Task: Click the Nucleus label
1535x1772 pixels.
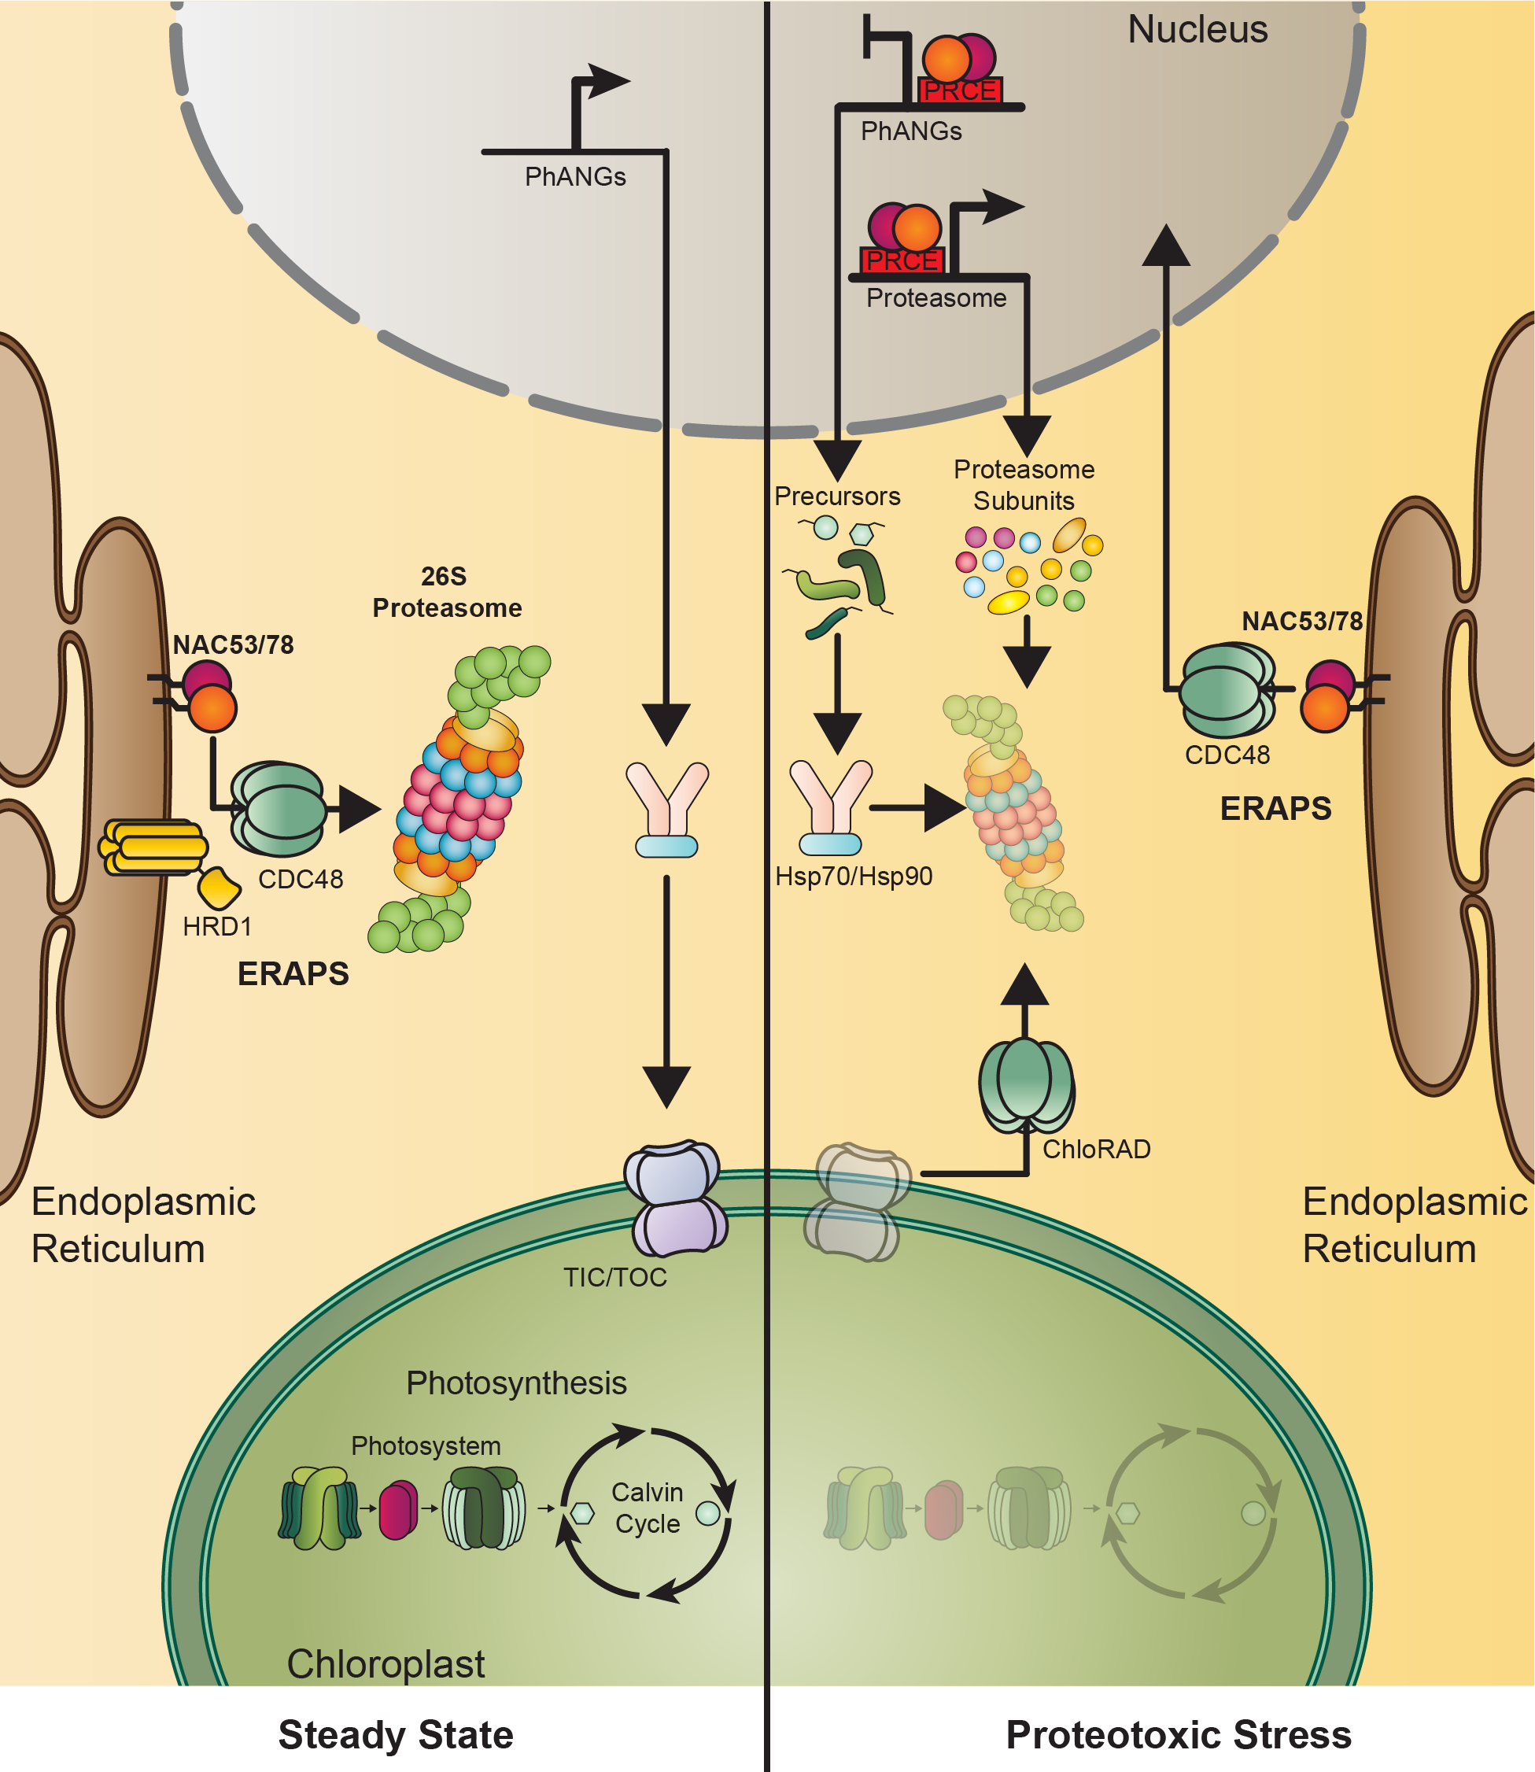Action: click(x=1197, y=30)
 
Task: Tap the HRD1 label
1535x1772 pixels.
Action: click(x=216, y=927)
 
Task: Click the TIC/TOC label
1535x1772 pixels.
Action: click(x=614, y=1278)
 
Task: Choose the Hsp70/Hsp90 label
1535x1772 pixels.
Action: click(x=853, y=876)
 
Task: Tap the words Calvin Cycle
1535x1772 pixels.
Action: click(x=647, y=1508)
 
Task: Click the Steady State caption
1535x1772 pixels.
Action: click(x=396, y=1735)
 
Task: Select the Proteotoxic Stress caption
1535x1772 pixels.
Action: click(x=1178, y=1735)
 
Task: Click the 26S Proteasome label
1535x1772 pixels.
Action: click(x=446, y=592)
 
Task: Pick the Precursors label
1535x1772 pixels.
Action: click(x=837, y=497)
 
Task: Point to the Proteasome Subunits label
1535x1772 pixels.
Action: click(x=1024, y=485)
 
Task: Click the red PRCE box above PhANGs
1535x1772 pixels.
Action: click(x=959, y=90)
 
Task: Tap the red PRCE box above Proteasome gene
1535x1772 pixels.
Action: click(x=901, y=260)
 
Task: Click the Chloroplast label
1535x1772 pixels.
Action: click(x=386, y=1664)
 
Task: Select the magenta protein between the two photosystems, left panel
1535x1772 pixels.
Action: click(x=398, y=1510)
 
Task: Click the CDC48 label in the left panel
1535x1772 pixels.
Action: click(x=300, y=880)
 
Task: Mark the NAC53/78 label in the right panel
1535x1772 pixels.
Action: click(x=1301, y=621)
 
